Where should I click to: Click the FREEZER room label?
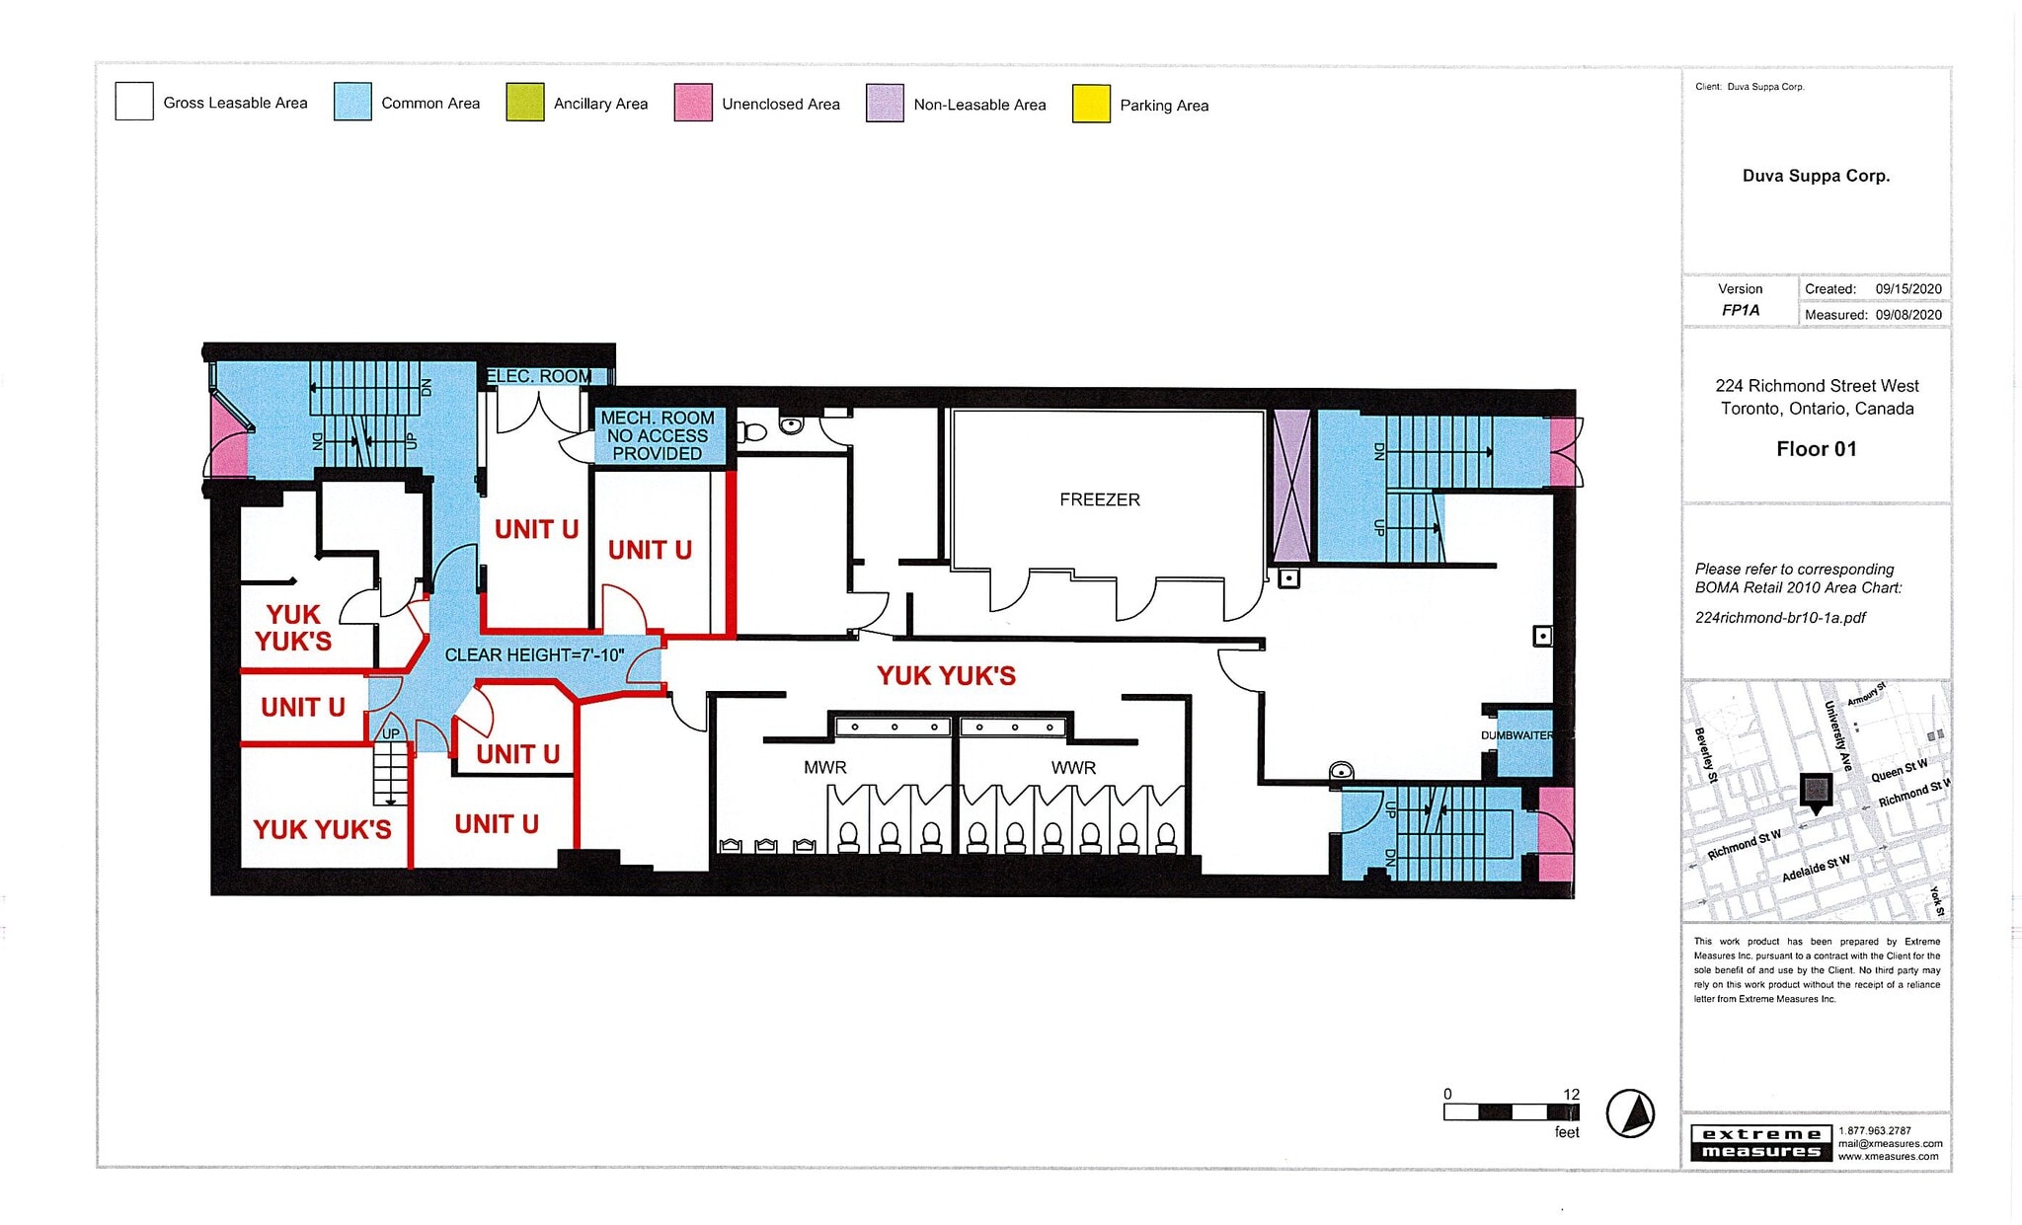coord(1099,499)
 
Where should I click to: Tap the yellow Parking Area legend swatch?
coord(1091,105)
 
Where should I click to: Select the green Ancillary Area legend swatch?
coord(524,103)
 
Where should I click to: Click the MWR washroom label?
coord(824,767)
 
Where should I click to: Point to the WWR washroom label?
coord(1073,767)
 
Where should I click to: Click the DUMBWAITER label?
coord(1516,735)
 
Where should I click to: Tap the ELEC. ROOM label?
coord(539,376)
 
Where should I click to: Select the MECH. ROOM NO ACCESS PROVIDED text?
coord(658,435)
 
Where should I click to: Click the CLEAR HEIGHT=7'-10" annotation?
coord(534,654)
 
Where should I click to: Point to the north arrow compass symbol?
coord(1630,1113)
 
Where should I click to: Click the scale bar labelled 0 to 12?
coord(1511,1112)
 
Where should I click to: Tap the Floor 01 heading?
coord(1816,449)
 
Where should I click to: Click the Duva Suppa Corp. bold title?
coord(1816,176)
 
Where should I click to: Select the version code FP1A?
coord(1741,310)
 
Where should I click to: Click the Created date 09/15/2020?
coord(1908,289)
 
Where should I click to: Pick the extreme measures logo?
coord(1761,1143)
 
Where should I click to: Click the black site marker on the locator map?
coord(1816,790)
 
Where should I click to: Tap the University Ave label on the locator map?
coord(1836,735)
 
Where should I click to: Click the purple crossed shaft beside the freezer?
coord(1291,487)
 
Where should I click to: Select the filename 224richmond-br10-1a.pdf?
coord(1780,618)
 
